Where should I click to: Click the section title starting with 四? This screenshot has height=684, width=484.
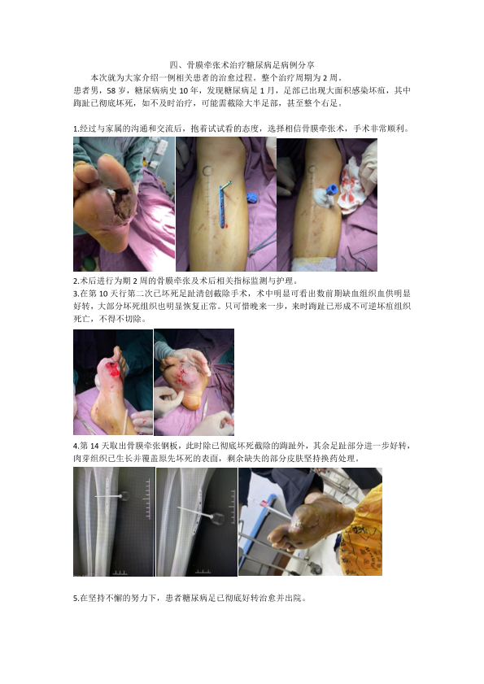242,65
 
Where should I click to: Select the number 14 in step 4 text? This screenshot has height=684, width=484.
94,446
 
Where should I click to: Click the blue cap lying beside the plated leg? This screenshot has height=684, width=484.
251,198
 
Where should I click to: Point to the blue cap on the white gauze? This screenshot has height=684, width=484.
331,190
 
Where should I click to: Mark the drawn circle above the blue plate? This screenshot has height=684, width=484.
207,170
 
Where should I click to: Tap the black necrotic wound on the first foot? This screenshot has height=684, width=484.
123,203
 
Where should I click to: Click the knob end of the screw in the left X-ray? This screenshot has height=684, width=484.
125,496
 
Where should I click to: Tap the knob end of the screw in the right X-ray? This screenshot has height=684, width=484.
218,518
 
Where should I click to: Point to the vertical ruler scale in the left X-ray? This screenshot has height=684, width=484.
147,499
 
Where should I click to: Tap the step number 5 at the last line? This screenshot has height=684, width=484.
75,598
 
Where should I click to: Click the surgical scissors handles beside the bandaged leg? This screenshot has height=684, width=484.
356,263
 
